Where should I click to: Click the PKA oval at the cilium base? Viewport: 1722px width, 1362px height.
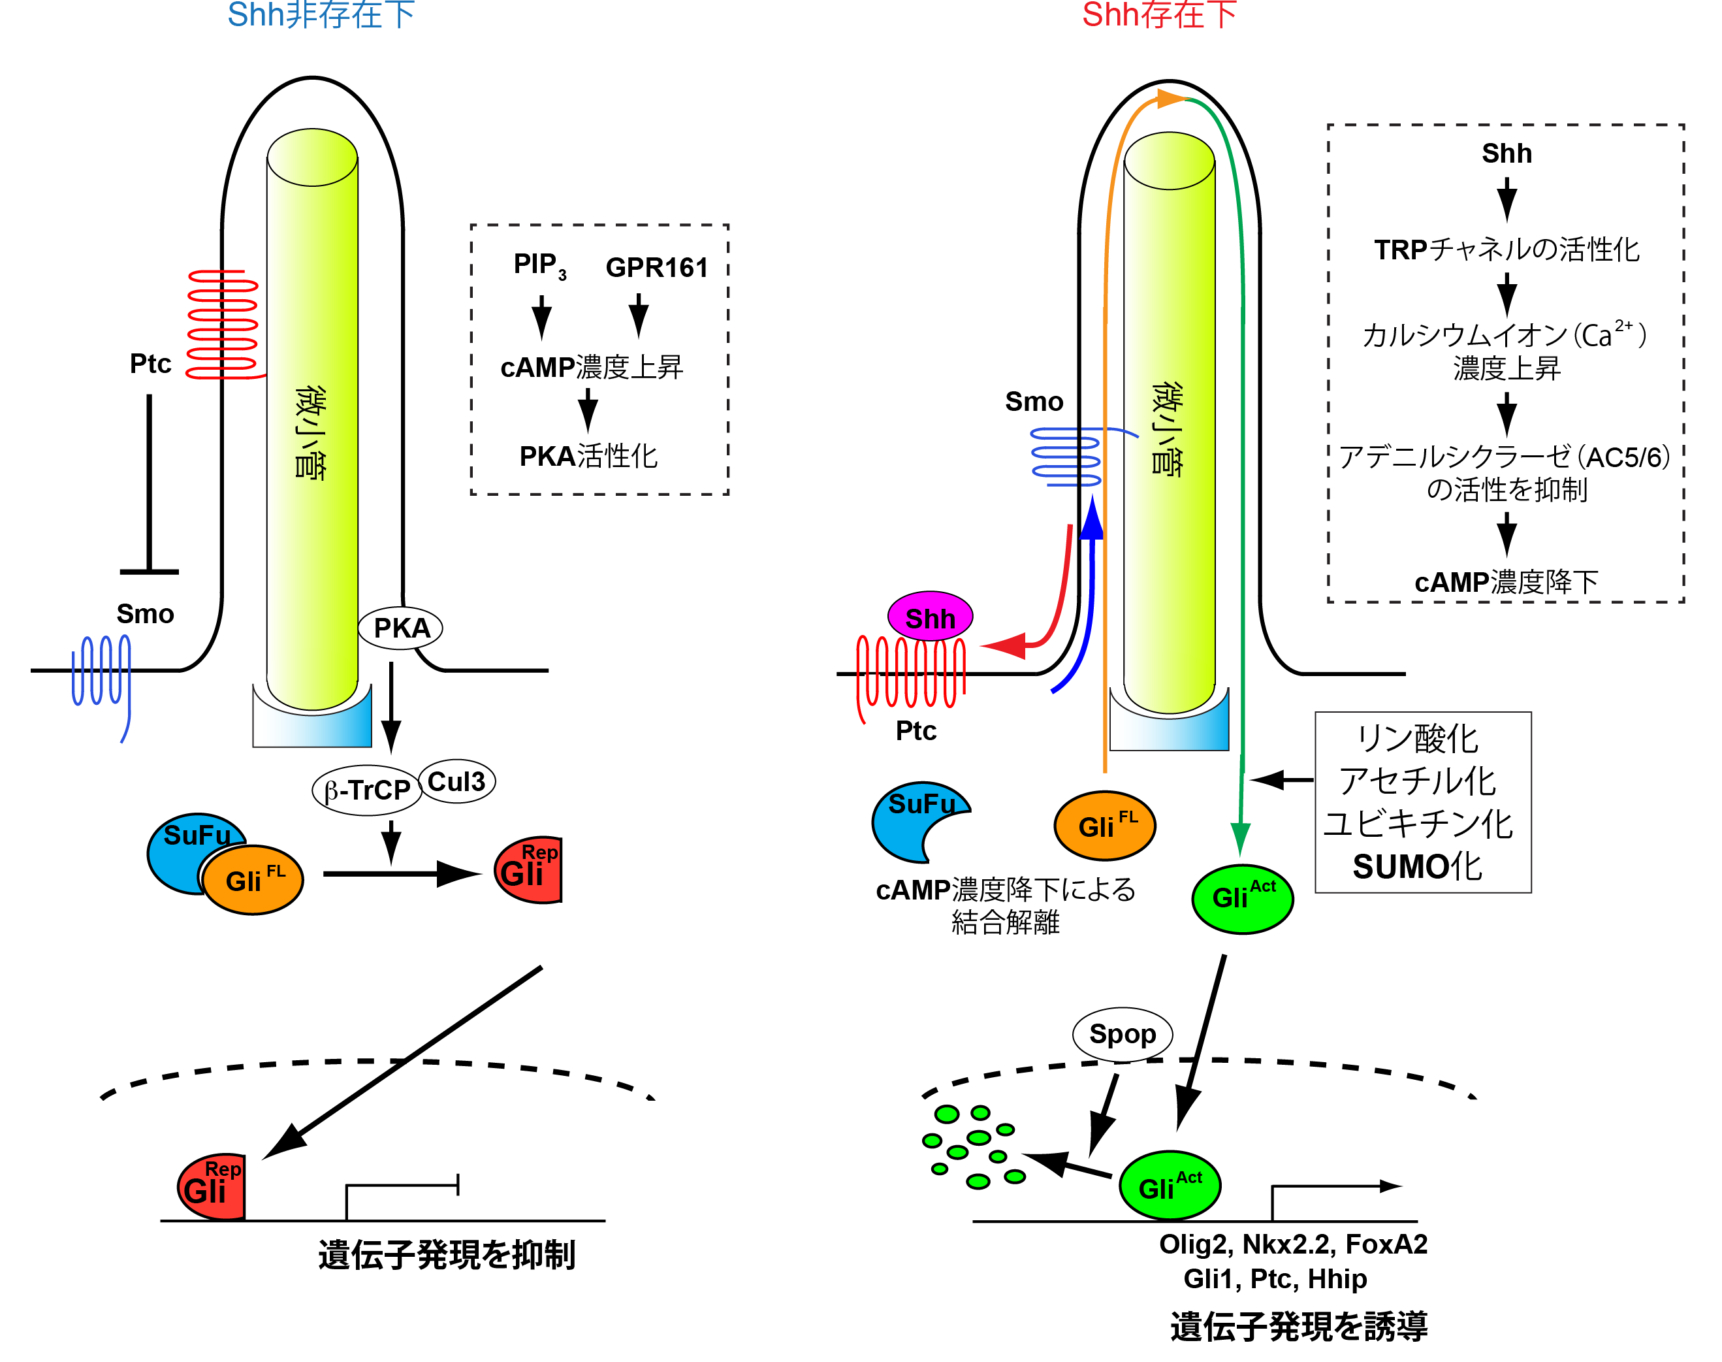click(400, 628)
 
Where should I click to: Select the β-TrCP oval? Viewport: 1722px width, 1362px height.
click(367, 790)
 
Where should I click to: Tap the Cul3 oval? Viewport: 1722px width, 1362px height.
click(457, 781)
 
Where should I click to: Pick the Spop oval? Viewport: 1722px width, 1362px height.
click(1122, 1034)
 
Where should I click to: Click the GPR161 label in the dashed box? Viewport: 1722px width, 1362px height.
click(656, 268)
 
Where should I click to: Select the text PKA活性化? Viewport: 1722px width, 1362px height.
click(588, 456)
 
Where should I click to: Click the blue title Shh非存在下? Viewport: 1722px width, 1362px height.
click(321, 16)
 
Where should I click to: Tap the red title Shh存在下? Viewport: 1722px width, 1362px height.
click(1158, 16)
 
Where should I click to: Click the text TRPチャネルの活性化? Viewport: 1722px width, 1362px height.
click(1506, 250)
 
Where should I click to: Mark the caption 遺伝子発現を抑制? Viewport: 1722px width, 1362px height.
click(447, 1254)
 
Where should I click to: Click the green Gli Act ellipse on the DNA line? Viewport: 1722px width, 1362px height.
click(1170, 1186)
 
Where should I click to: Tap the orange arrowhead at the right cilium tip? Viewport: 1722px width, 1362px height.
click(1170, 99)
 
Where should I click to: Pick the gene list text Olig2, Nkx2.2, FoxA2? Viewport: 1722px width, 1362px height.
click(1292, 1244)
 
